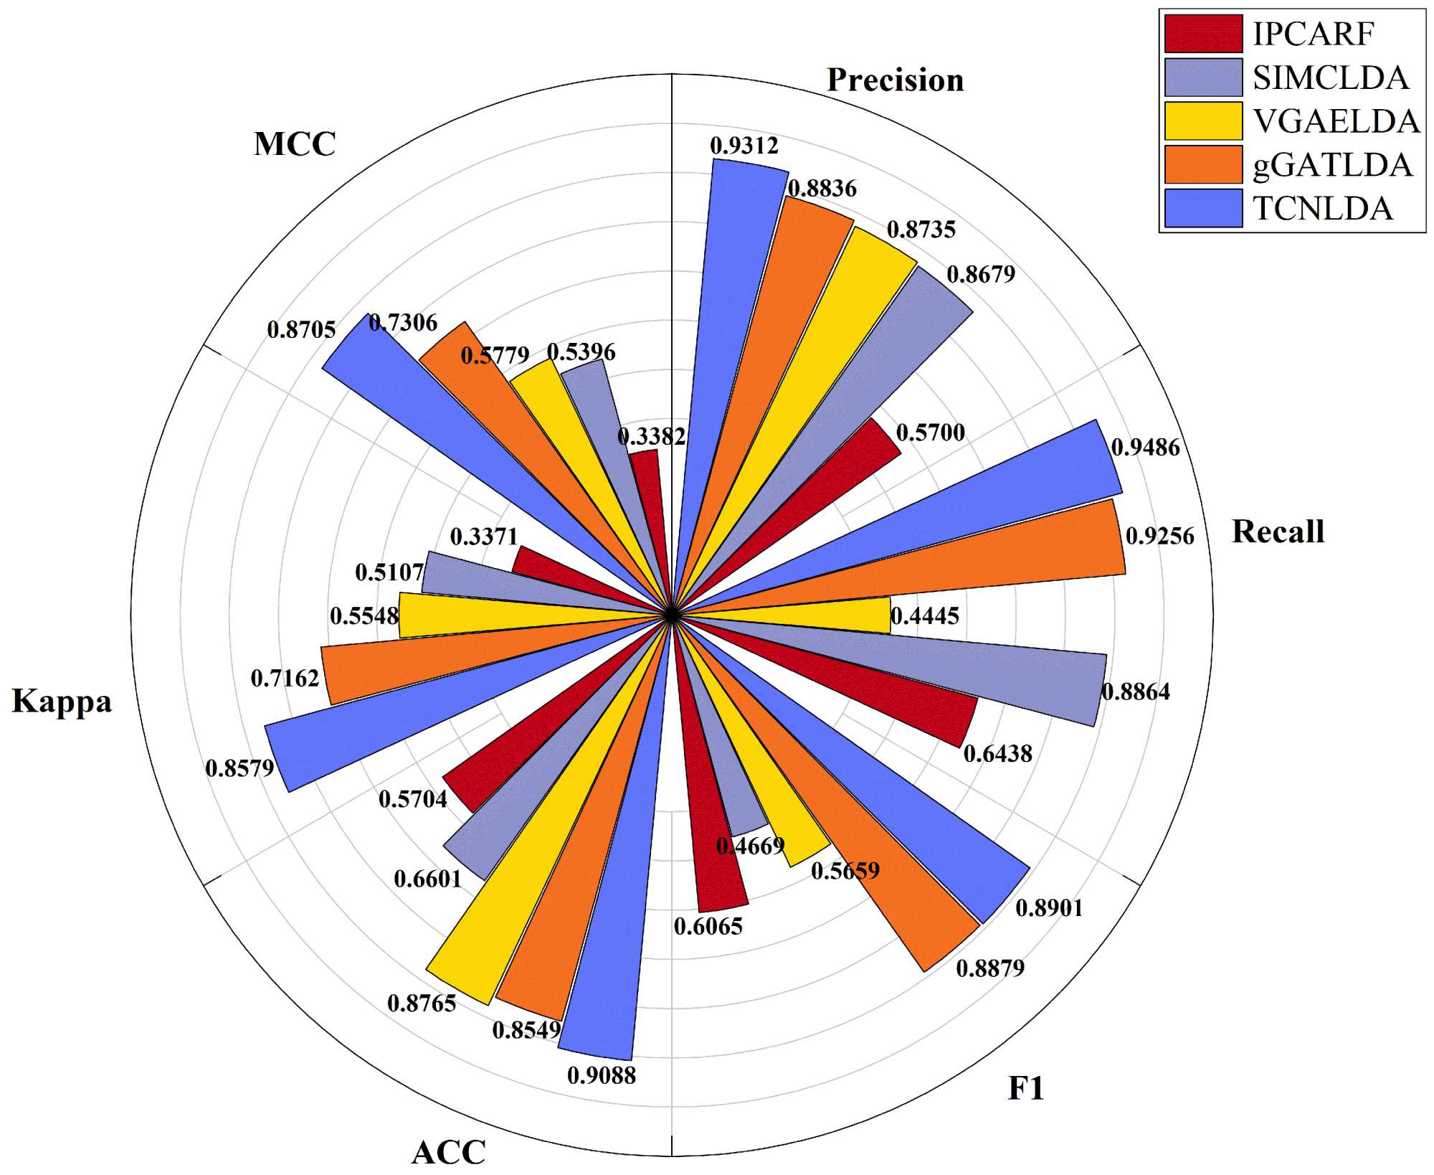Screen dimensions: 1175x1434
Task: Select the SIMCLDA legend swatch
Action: click(1203, 77)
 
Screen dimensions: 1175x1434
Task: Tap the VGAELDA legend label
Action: click(1336, 121)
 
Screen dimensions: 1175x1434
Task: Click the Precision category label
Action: click(895, 80)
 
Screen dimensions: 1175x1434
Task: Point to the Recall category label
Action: click(1278, 532)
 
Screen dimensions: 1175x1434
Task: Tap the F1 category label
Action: click(1025, 1088)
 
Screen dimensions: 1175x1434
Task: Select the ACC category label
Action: click(449, 1152)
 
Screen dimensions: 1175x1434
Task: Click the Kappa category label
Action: click(62, 701)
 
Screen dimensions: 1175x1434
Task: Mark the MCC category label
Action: click(295, 143)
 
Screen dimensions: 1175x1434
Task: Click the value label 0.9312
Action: click(744, 146)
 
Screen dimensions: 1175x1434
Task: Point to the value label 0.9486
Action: click(1145, 448)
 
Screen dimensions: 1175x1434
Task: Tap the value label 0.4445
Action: click(924, 615)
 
